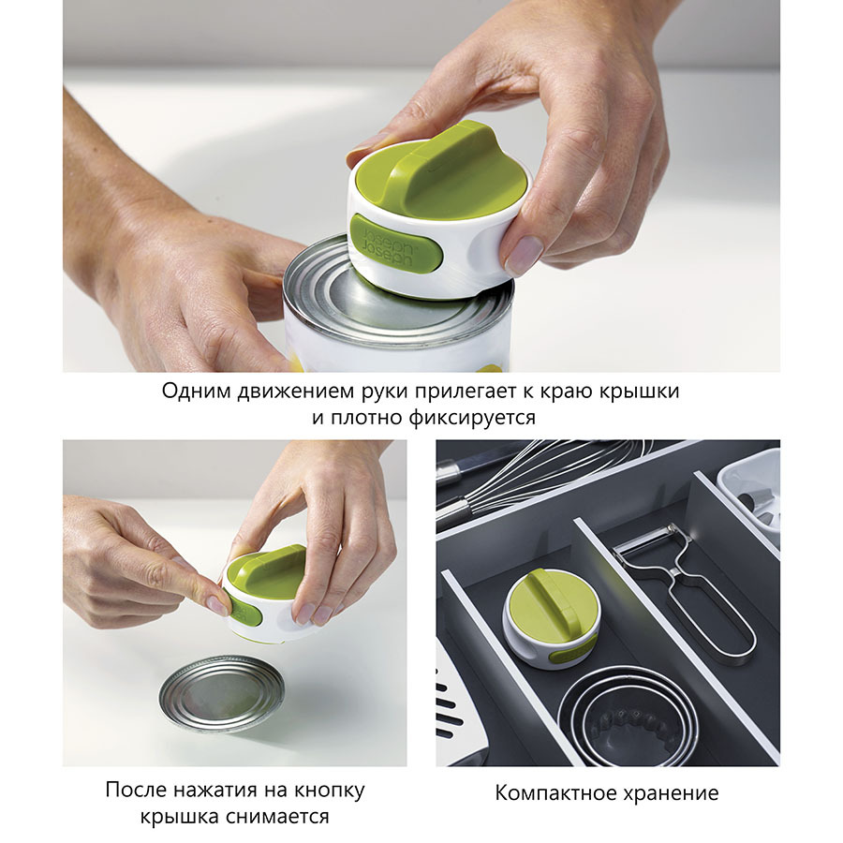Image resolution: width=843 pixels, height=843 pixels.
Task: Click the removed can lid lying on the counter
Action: (221, 692)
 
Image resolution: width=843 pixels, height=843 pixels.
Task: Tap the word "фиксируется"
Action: (471, 418)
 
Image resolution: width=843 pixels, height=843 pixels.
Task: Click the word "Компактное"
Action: (555, 793)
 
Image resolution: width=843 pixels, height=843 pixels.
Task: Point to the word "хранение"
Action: (671, 793)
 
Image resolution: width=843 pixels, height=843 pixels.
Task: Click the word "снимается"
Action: (277, 817)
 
